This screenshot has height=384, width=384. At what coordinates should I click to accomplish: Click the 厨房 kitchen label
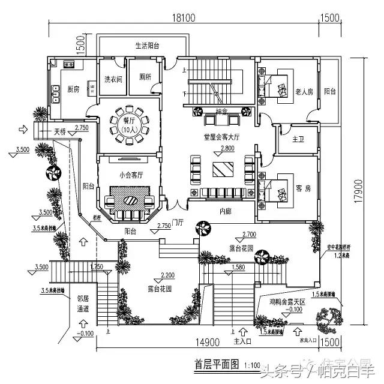coord(73,89)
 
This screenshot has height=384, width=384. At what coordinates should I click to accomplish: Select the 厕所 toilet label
coord(145,77)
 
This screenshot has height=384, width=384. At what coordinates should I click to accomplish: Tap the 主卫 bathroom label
coord(298,139)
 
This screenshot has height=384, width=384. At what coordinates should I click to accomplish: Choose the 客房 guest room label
coord(304,188)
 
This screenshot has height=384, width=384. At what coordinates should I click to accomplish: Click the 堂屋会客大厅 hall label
coord(221,137)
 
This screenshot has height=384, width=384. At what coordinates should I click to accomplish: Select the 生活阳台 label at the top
coord(147,46)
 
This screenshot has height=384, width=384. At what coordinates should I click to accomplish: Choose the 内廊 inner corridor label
coord(225,211)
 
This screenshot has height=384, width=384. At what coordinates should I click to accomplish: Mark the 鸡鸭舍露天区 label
coord(288,304)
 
